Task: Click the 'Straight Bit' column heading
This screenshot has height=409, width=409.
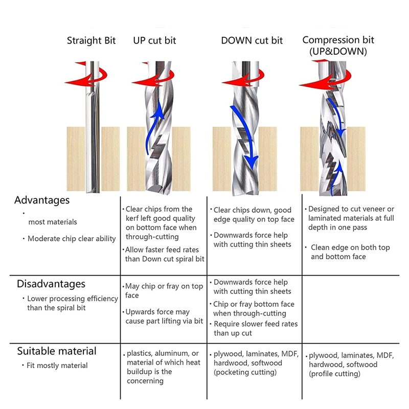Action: (x=91, y=41)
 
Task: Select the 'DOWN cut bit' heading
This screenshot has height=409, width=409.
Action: (x=252, y=41)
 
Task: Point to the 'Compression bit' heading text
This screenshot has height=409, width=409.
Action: (x=338, y=40)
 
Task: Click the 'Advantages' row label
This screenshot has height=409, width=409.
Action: (x=42, y=200)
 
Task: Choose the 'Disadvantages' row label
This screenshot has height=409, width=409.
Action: (x=51, y=284)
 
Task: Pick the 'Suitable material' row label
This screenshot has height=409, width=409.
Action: (x=57, y=351)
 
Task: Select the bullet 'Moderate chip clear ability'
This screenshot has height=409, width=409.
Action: (x=72, y=239)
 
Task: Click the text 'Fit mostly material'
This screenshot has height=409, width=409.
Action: (x=57, y=366)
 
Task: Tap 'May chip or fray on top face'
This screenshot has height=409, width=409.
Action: (x=164, y=291)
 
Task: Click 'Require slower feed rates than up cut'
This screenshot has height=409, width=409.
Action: (x=255, y=328)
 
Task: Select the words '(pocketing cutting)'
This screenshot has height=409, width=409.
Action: (x=245, y=372)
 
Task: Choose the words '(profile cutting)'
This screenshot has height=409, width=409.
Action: (x=334, y=374)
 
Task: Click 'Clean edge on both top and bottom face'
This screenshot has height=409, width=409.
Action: (x=350, y=252)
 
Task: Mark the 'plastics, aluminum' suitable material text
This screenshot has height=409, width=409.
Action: (x=163, y=353)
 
